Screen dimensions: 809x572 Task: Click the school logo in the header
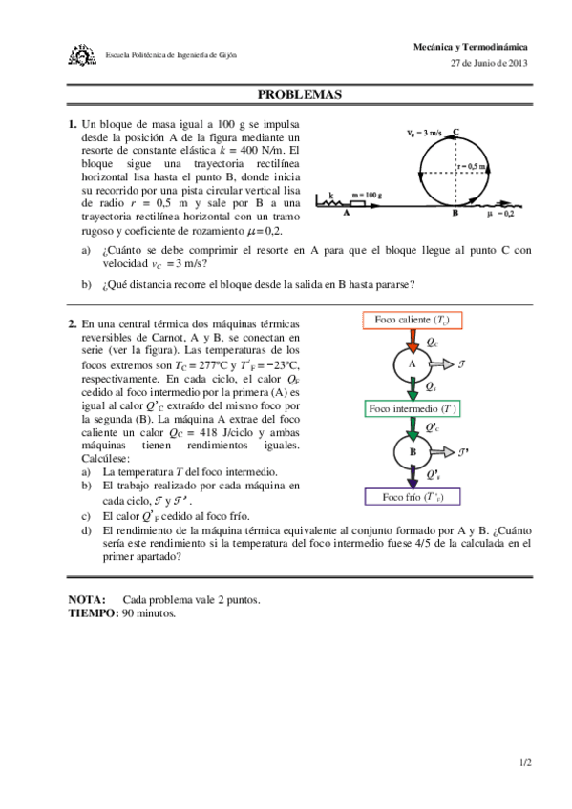tap(84, 54)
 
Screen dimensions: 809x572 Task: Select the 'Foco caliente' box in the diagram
tap(412, 320)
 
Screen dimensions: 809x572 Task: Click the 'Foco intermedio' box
tap(413, 408)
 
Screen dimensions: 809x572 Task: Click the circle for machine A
tap(412, 363)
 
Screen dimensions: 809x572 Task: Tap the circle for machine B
tap(412, 452)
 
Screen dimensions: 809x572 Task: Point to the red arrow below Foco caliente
tap(412, 340)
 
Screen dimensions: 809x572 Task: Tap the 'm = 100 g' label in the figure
tap(367, 195)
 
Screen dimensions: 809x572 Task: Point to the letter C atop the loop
tap(456, 133)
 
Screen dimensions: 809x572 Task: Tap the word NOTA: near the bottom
tap(87, 600)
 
